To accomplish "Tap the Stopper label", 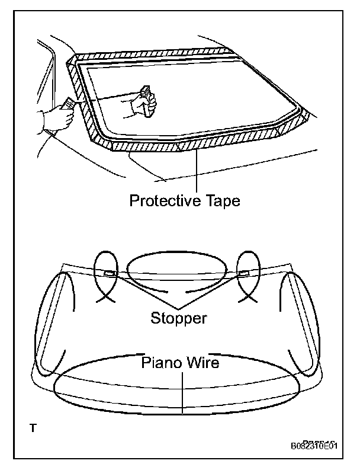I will point(179,318).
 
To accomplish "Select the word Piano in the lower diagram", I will point(159,362).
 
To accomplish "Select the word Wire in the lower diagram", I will point(201,362).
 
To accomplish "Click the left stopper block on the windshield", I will point(110,273).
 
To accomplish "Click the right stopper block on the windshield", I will point(244,273).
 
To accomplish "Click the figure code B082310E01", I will point(314,446).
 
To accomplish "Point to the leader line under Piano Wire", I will point(184,391).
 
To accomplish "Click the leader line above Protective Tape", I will point(195,172).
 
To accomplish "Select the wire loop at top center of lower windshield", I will point(178,271).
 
